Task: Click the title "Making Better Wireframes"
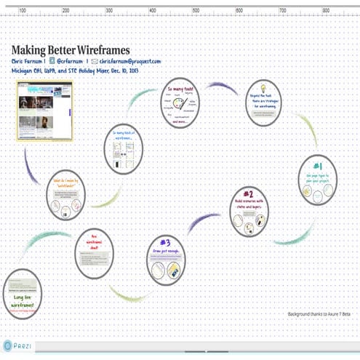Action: [71, 49]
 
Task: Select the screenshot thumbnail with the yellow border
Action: [44, 110]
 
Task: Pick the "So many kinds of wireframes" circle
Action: [123, 150]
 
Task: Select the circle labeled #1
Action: [317, 179]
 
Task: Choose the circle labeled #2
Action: [248, 210]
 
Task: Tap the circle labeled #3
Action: [166, 260]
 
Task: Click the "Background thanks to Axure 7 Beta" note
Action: [319, 314]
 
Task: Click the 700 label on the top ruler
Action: [283, 11]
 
